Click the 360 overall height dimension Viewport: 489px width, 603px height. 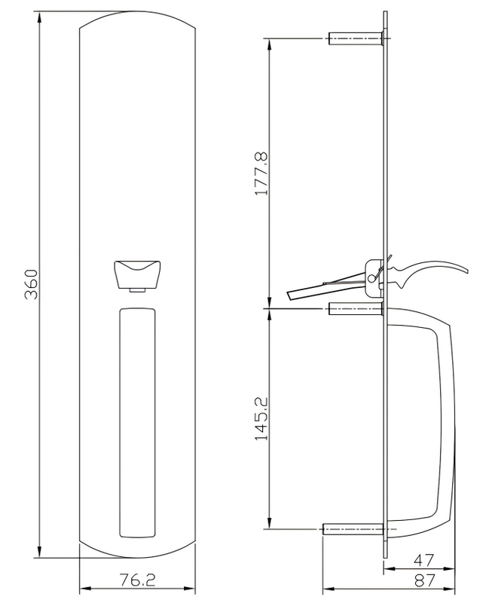[31, 284]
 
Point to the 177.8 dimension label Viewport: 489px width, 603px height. [262, 173]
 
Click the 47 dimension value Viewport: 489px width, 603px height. [425, 560]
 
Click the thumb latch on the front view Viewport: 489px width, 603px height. [137, 272]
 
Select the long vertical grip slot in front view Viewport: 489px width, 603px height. [137, 422]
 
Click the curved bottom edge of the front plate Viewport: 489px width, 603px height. [137, 556]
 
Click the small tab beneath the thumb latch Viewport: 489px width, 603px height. [137, 290]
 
